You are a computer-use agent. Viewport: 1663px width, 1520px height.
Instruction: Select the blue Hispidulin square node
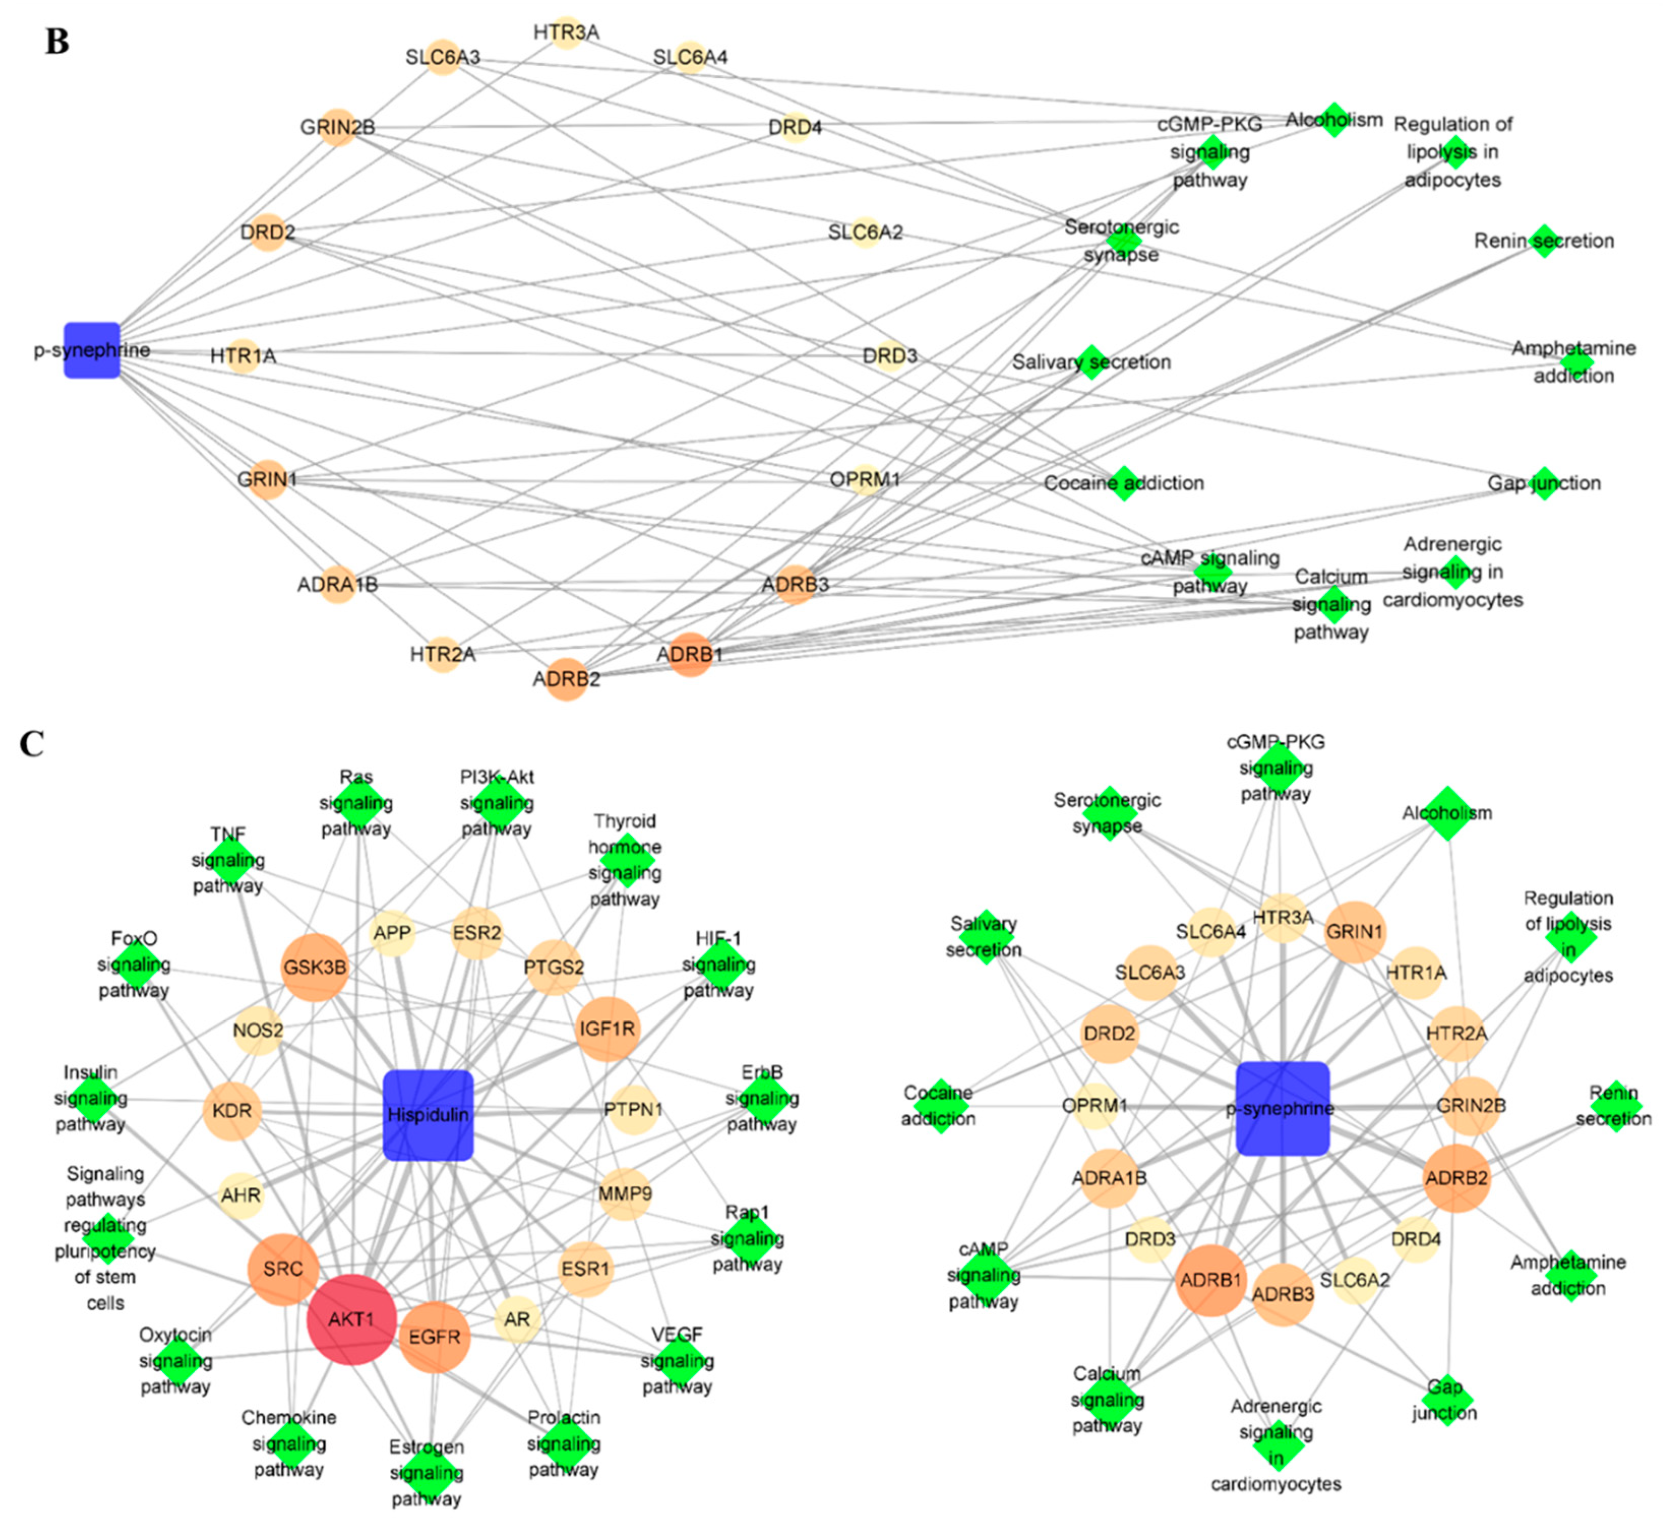(428, 1115)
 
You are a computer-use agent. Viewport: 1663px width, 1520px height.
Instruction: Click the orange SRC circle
(283, 1269)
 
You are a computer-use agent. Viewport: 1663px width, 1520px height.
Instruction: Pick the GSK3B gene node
(314, 967)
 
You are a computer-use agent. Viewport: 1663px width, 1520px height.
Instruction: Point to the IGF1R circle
(607, 1028)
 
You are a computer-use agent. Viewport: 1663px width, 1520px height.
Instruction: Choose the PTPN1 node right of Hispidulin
(633, 1110)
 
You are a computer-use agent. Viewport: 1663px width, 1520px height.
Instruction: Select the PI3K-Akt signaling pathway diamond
(497, 803)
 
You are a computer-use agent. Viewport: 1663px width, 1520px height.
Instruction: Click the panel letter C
(32, 744)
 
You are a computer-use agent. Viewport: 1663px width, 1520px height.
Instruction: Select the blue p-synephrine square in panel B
(91, 351)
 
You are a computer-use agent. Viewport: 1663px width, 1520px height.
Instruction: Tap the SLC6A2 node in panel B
(865, 233)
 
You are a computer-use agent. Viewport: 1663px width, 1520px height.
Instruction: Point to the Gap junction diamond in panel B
(1544, 483)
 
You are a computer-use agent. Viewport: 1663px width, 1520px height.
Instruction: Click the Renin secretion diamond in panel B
(1544, 241)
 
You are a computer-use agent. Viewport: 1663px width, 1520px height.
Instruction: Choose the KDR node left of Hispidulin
(232, 1111)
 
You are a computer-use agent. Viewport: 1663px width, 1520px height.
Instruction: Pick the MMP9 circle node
(625, 1193)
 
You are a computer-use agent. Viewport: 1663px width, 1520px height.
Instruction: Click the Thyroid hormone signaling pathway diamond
(625, 860)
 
